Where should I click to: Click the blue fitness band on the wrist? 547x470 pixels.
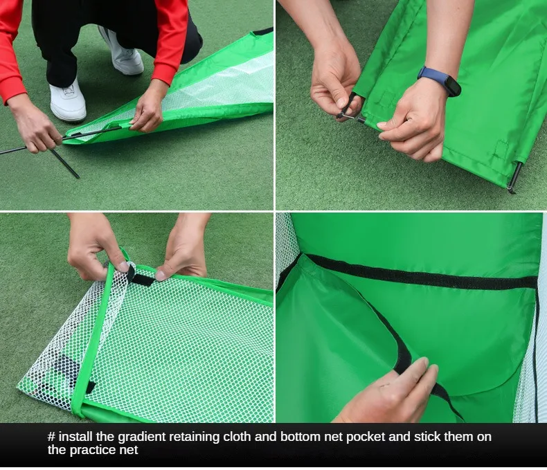440,80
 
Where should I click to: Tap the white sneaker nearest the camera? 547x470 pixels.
68,100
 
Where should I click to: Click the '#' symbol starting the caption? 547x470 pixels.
52,437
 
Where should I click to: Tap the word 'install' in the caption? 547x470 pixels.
75,437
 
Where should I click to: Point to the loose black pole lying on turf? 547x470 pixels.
65,164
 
